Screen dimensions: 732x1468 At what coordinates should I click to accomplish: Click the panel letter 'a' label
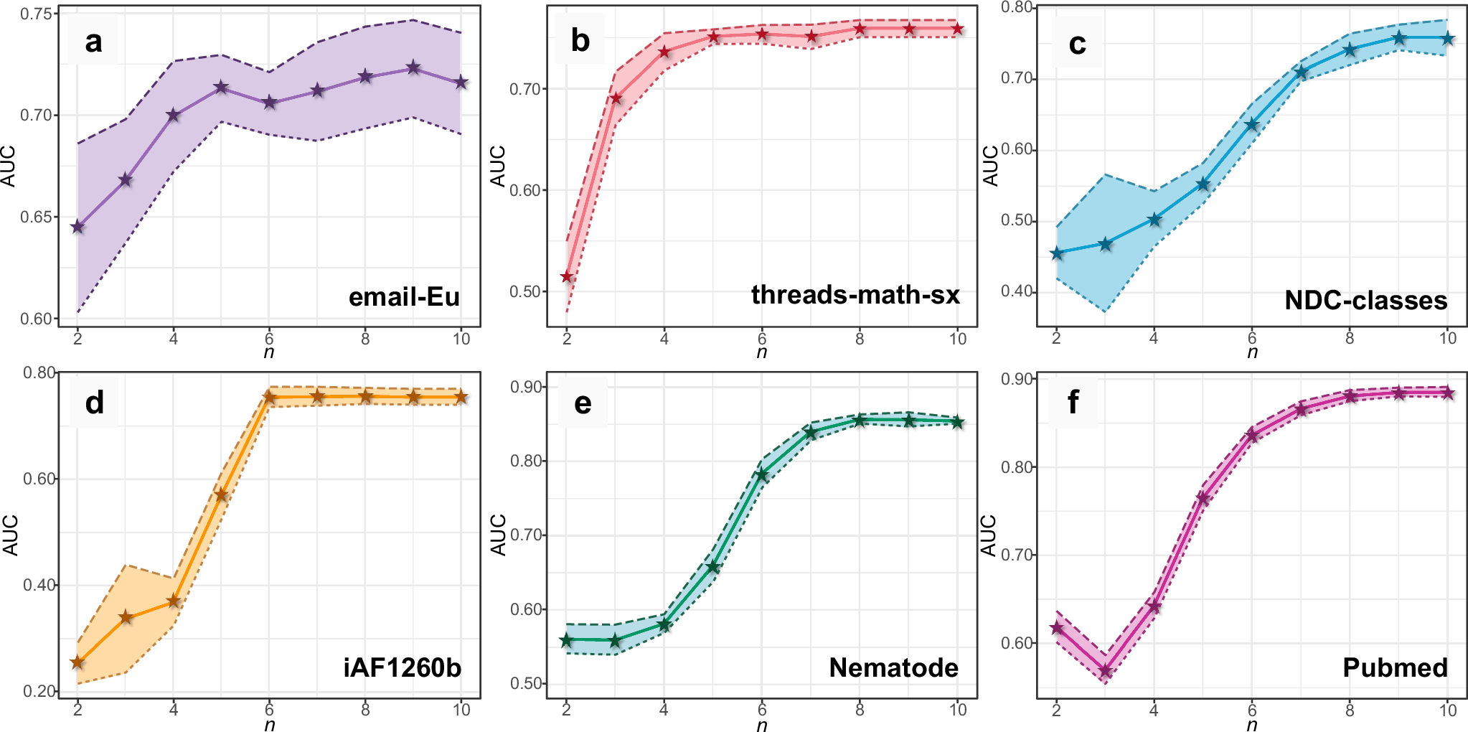click(93, 42)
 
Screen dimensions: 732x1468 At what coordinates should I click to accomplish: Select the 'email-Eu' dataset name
click(404, 296)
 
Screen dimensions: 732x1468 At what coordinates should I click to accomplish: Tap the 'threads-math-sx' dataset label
click(855, 294)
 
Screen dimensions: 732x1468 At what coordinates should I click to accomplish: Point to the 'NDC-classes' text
click(1365, 300)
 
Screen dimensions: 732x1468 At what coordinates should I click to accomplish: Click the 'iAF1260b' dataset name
click(403, 667)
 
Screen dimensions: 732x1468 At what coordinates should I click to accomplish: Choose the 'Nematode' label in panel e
click(893, 667)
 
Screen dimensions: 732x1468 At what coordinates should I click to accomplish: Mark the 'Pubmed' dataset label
click(1395, 667)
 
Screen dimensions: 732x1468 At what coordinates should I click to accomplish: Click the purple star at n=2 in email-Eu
click(77, 227)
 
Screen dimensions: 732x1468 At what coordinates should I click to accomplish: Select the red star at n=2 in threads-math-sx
click(567, 276)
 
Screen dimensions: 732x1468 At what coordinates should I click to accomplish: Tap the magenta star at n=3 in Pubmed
click(1105, 672)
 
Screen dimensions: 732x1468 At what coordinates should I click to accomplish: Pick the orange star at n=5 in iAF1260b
click(221, 495)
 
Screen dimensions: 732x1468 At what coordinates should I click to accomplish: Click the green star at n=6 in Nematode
click(762, 474)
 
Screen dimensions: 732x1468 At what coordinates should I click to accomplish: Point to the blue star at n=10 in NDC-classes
click(1448, 38)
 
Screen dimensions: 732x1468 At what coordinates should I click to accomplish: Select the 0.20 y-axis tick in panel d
click(39, 691)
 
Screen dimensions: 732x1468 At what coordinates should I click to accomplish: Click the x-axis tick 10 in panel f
click(1448, 710)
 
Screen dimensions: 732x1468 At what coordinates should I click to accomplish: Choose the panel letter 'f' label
click(1073, 403)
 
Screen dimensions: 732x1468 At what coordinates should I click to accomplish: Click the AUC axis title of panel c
click(990, 165)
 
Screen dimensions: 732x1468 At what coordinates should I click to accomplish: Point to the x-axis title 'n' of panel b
click(761, 352)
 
